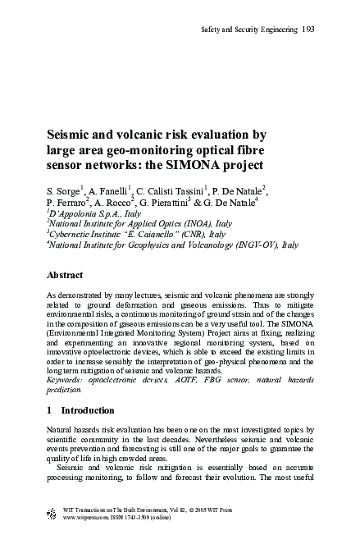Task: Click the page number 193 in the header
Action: tap(308, 30)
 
